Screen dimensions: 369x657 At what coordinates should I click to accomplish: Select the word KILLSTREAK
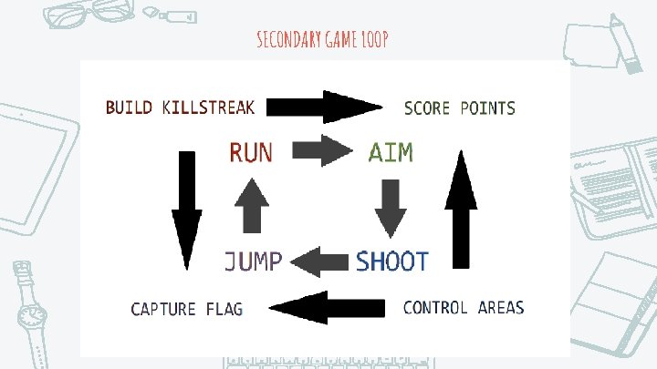(x=208, y=108)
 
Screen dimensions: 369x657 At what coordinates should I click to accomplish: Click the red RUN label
(x=250, y=152)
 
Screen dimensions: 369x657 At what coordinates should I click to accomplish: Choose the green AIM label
(x=391, y=152)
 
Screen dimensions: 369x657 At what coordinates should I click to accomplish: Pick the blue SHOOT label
(x=391, y=261)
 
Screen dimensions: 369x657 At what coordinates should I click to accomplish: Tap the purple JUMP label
(x=254, y=261)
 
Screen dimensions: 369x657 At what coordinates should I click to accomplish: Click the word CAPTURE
(x=163, y=309)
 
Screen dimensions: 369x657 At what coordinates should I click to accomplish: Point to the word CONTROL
(x=435, y=307)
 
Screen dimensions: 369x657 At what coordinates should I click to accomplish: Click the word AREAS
(x=501, y=307)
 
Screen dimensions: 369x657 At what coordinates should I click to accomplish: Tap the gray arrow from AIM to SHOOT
(x=391, y=207)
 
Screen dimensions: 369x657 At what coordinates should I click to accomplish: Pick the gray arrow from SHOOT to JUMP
(x=320, y=262)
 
